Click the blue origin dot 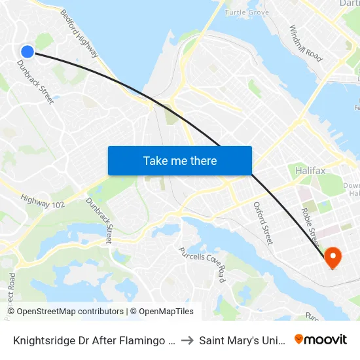click(27, 52)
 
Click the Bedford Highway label click(79, 33)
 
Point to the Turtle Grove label click(247, 12)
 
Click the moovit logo click(321, 339)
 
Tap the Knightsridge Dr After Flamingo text click(92, 340)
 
